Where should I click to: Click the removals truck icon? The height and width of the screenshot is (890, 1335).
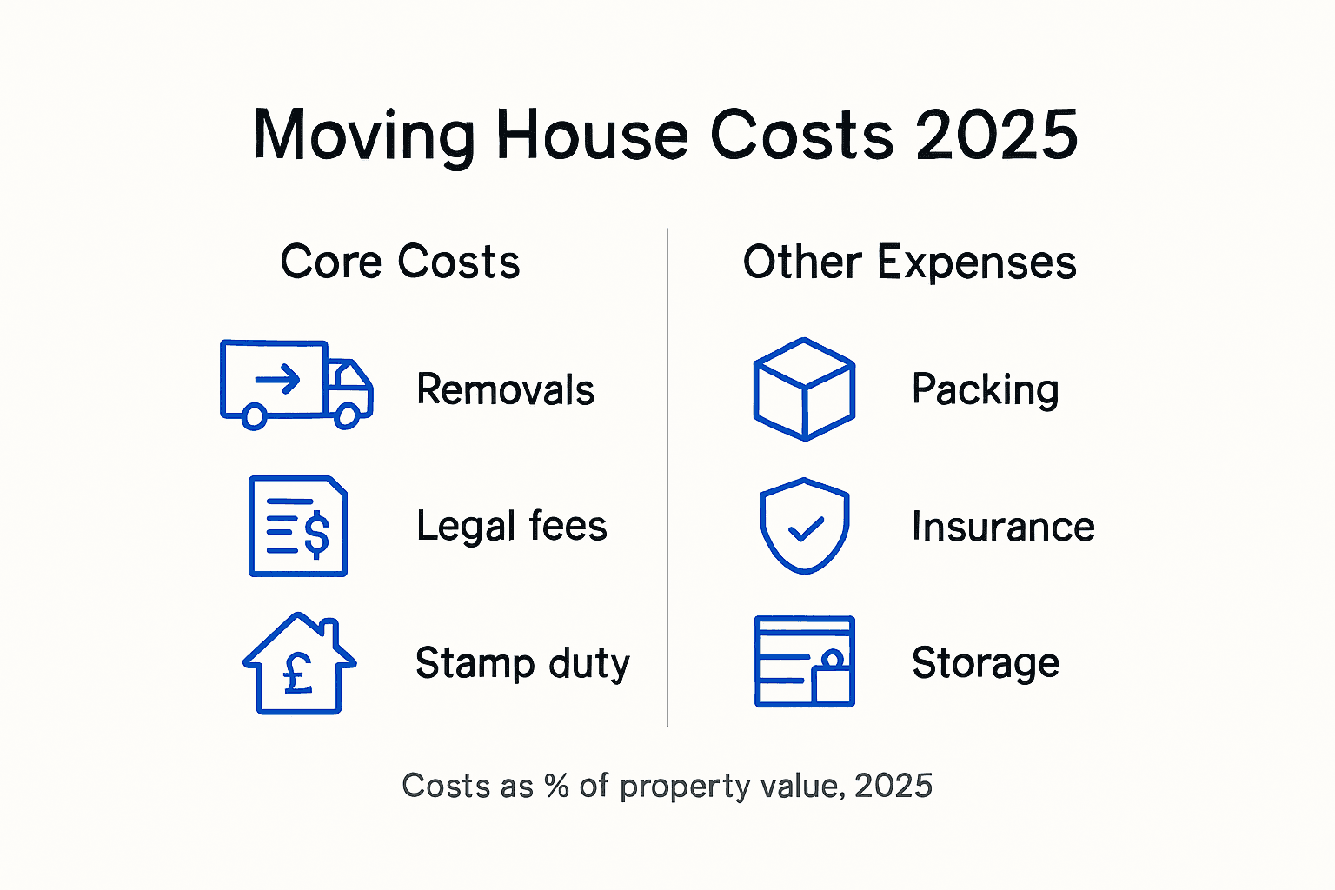click(x=296, y=384)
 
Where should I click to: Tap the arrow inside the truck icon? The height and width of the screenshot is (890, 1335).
click(x=277, y=379)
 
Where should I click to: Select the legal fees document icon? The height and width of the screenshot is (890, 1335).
click(x=298, y=526)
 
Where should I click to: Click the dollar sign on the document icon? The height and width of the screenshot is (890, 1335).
click(x=316, y=534)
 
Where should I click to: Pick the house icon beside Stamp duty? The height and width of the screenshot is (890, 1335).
click(x=299, y=664)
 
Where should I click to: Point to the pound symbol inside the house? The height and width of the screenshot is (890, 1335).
click(x=298, y=674)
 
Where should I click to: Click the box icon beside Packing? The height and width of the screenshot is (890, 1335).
click(x=804, y=389)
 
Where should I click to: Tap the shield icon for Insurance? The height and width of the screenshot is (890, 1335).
click(x=805, y=525)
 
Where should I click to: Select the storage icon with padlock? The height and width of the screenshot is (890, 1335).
click(x=804, y=661)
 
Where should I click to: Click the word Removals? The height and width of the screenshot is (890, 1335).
click(x=505, y=389)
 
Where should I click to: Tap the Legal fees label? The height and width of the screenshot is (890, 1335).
click(x=511, y=527)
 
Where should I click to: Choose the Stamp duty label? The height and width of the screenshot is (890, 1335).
click(x=522, y=664)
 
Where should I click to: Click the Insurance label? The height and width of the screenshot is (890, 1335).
click(x=1003, y=527)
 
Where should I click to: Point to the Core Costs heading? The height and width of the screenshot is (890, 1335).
click(x=400, y=262)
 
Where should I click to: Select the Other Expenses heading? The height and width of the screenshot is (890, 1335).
click(x=909, y=262)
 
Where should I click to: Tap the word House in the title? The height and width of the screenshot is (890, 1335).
click(x=593, y=136)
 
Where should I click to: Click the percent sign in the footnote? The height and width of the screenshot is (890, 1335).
click(x=556, y=786)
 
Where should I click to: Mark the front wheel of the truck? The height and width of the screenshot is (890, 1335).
click(x=347, y=416)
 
